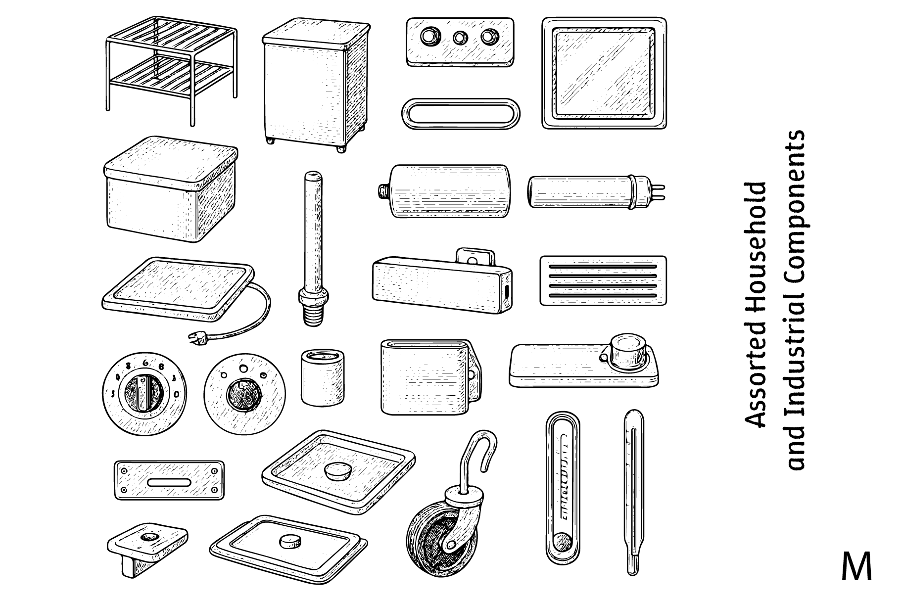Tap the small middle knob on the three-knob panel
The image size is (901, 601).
click(x=460, y=37)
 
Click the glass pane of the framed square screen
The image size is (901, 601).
click(x=603, y=73)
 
